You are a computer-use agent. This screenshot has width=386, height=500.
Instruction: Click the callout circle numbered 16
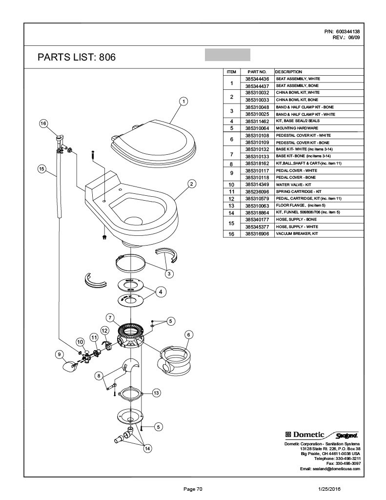coord(43,124)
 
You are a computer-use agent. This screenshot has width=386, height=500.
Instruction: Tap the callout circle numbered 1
coord(183,102)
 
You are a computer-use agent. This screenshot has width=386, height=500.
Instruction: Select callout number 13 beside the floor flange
coord(156,393)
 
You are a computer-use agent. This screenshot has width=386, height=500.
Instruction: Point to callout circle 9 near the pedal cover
coord(59,354)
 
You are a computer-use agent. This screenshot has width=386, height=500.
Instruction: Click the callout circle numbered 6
coord(189,334)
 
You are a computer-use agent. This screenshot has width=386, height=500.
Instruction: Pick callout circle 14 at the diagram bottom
coord(147,449)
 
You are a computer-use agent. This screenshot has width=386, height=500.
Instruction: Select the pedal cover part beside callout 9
coord(71,366)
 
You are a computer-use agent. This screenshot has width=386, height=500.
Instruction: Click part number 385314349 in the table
coord(257,185)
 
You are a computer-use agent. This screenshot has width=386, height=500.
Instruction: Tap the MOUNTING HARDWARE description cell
coord(297,128)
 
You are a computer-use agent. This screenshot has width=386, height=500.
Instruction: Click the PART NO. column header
coord(257,72)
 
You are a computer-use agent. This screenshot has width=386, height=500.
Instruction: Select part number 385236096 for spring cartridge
coord(257,191)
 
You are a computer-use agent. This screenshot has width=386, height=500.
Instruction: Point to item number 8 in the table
coord(231,164)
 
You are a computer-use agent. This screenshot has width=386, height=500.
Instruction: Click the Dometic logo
coord(305,435)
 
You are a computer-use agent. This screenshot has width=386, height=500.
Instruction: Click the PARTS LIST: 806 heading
coord(77,58)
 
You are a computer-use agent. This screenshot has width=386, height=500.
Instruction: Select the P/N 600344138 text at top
coord(342,32)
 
